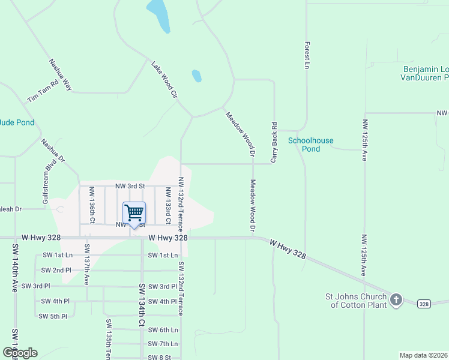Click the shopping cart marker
point(134,214)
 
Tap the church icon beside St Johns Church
point(396,299)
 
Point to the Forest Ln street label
point(307,54)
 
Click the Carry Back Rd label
point(274,143)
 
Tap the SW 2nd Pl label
point(56,270)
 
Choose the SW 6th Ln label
point(163,330)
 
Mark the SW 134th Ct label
point(142,305)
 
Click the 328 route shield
point(424,304)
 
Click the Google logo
point(20,353)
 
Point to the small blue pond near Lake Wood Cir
point(196,76)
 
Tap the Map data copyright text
point(423,355)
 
